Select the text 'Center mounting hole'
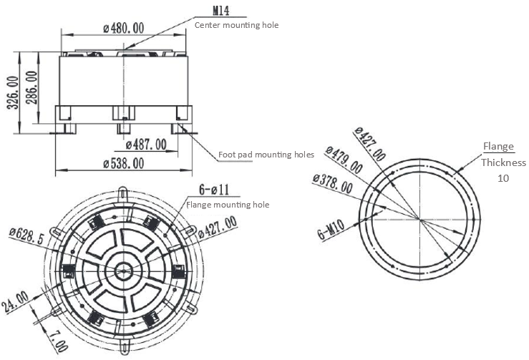(236, 25)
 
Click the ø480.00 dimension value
(124, 28)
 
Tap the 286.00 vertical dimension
(31, 87)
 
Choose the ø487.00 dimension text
(145, 145)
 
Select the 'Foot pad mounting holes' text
(266, 154)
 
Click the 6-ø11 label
(213, 190)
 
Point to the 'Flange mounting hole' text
(228, 205)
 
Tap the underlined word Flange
(498, 147)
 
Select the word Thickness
(503, 162)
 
